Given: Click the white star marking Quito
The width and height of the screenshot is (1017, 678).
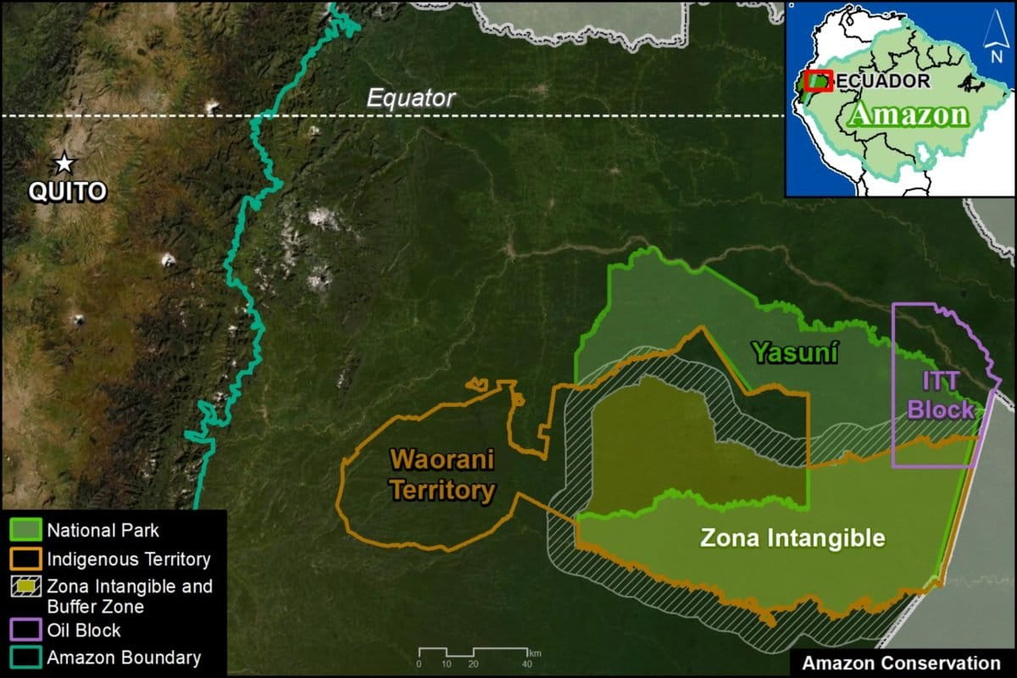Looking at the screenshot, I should click(64, 162).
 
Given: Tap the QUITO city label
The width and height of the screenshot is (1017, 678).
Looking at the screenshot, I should click(68, 192).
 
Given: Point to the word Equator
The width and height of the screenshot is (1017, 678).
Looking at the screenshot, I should click(411, 98).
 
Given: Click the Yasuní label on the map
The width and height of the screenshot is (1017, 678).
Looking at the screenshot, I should click(795, 353).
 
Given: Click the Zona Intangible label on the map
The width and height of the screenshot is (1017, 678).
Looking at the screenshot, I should click(792, 537).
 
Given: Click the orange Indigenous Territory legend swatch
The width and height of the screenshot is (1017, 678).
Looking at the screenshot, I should click(25, 559).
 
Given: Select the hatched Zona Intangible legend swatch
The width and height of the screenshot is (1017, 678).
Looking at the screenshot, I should click(25, 586).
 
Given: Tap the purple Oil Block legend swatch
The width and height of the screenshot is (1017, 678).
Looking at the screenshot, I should click(25, 631).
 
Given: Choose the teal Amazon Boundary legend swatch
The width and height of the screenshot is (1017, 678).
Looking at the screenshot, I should click(25, 658).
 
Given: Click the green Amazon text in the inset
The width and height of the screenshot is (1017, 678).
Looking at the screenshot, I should click(909, 114).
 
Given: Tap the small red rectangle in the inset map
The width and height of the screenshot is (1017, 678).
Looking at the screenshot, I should click(818, 81).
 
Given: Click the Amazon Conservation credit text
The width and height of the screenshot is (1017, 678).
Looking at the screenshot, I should click(901, 663).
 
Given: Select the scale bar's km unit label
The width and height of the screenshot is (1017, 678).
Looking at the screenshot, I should click(534, 653).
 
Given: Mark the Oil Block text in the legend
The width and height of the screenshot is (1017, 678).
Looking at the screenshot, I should click(84, 631).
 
